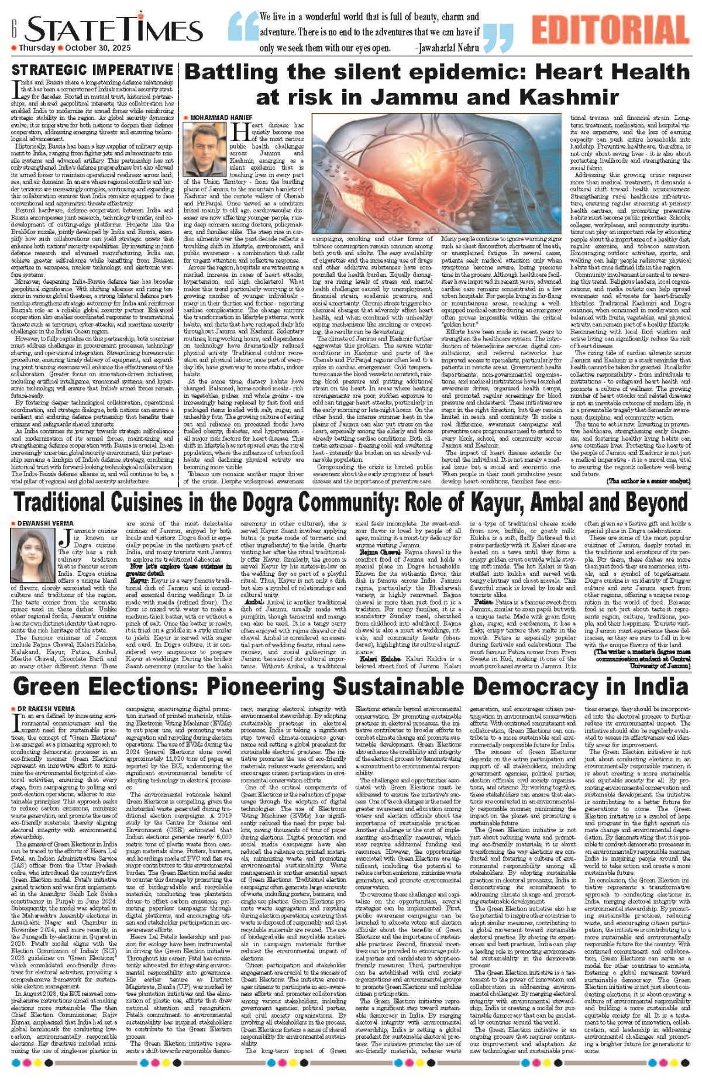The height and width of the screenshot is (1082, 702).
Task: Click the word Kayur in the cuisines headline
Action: pyautogui.click(x=498, y=503)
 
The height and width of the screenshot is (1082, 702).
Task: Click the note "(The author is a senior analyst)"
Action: pyautogui.click(x=648, y=480)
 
